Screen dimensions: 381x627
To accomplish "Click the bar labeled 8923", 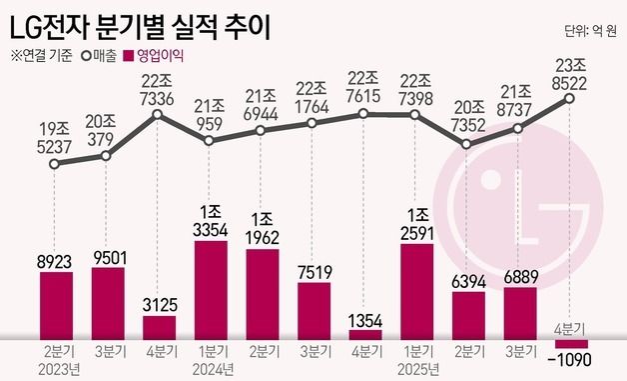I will pyautogui.click(x=56, y=306).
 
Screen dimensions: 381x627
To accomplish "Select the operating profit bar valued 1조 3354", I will pyautogui.click(x=211, y=291).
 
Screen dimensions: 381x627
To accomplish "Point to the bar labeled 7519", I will pyautogui.click(x=313, y=311).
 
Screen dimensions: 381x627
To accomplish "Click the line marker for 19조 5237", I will pyautogui.click(x=56, y=168).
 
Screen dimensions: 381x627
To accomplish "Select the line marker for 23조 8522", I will pyautogui.click(x=570, y=98).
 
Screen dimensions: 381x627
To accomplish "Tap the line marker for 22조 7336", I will pyautogui.click(x=159, y=115).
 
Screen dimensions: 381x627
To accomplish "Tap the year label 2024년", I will pyautogui.click(x=211, y=371).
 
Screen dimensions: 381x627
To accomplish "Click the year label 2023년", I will pyautogui.click(x=57, y=371).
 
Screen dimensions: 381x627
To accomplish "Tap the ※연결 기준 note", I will pyautogui.click(x=41, y=55).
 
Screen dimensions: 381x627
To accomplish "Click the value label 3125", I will pyautogui.click(x=159, y=303).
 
